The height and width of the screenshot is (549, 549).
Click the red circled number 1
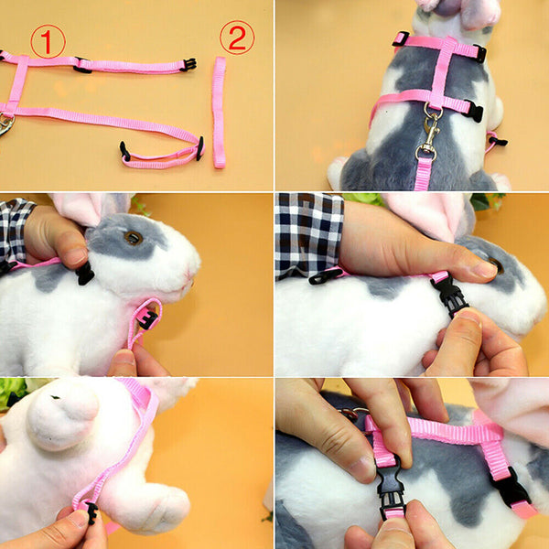(48, 41)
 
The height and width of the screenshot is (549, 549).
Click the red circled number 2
(237, 38)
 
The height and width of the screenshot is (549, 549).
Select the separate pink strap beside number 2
(220, 113)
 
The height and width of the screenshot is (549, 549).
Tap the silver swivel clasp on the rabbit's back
(431, 130)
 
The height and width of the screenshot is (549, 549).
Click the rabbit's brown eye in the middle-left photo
(134, 238)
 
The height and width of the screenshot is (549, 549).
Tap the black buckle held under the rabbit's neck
(450, 293)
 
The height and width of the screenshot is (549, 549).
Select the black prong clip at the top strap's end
(189, 64)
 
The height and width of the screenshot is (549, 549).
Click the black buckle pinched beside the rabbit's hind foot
(92, 512)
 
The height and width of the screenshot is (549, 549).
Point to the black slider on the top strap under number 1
(82, 66)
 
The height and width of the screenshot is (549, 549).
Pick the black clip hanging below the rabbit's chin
(149, 320)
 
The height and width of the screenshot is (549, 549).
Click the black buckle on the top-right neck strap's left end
(401, 38)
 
